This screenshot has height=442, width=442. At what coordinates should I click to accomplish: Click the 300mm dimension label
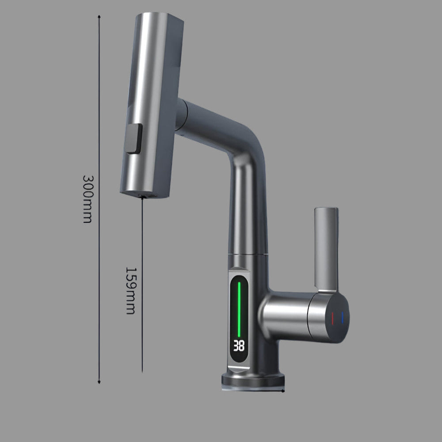[x=88, y=199]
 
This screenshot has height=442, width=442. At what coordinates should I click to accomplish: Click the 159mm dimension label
[x=130, y=291]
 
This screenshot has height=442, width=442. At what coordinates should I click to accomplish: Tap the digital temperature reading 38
[x=239, y=346]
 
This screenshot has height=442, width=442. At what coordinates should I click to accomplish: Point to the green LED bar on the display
[x=239, y=309]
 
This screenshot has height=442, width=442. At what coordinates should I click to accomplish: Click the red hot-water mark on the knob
[x=333, y=318]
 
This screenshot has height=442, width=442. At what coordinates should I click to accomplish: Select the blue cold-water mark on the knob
[x=343, y=317]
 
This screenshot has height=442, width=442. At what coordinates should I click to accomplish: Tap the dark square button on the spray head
[x=133, y=138]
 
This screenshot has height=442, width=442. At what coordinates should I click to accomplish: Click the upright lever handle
[x=326, y=250]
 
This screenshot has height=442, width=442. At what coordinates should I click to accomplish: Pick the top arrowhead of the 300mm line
[x=99, y=17]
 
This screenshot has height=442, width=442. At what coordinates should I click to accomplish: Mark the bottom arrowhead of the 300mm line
[x=99, y=382]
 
